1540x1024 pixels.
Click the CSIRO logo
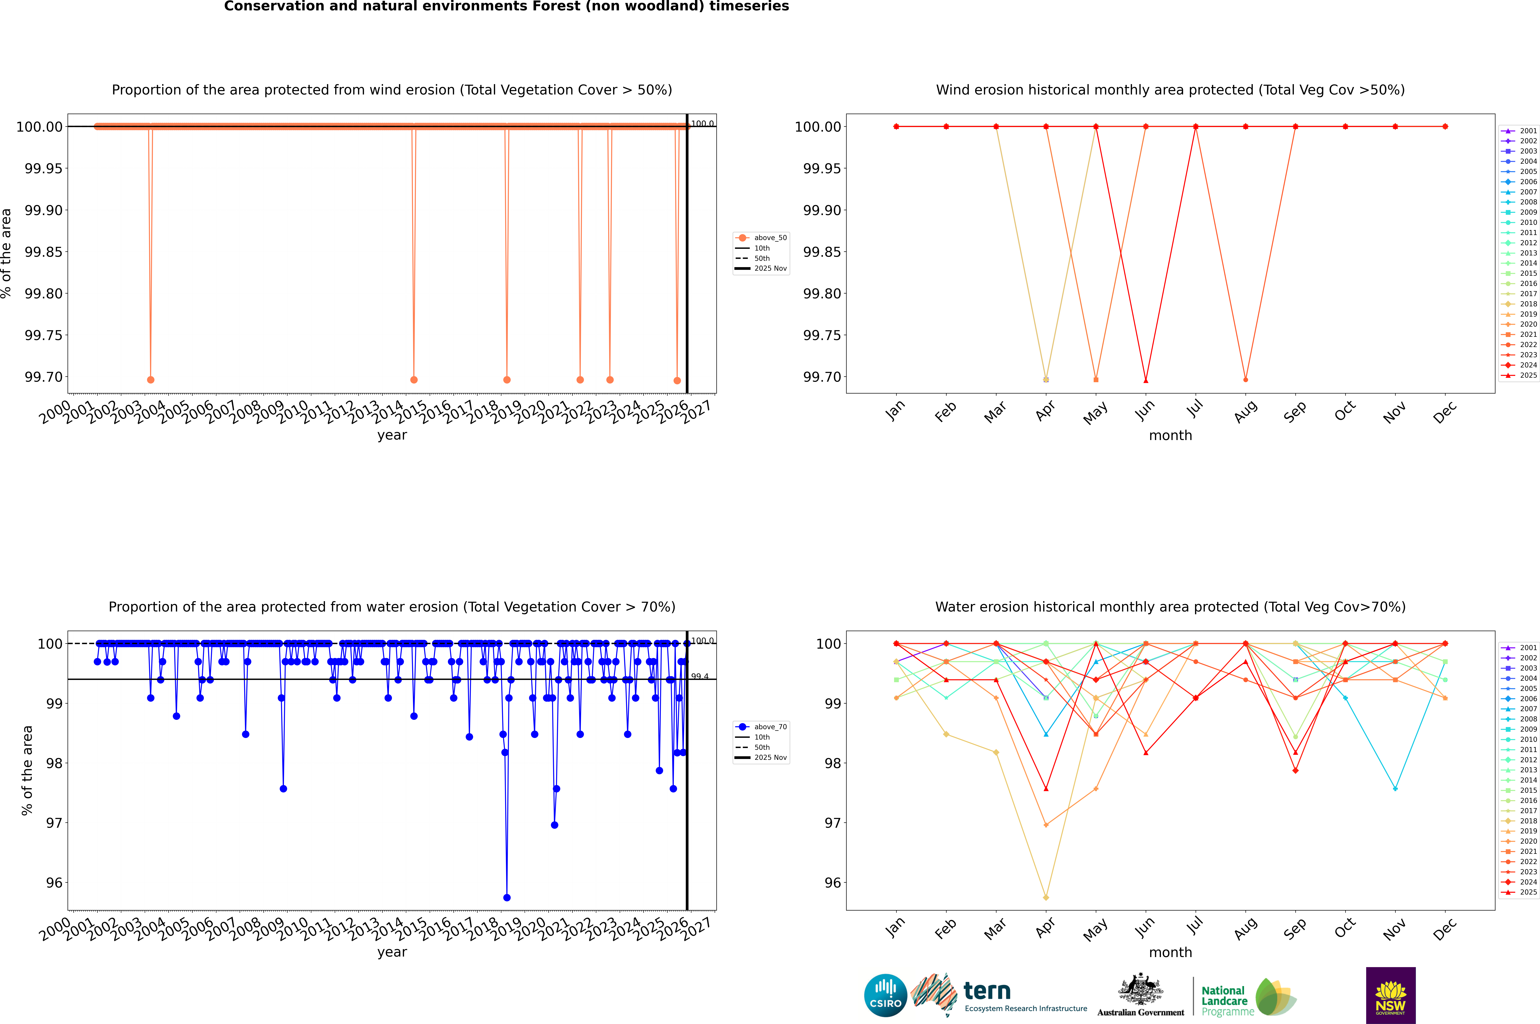pyautogui.click(x=885, y=995)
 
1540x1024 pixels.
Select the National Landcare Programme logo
pyautogui.click(x=1247, y=997)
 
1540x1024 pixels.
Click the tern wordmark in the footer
pyautogui.click(x=987, y=991)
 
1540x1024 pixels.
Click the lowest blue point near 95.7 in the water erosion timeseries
pyautogui.click(x=507, y=897)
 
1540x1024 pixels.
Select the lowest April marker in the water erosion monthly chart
pyautogui.click(x=1046, y=897)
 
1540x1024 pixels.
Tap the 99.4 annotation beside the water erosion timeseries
pyautogui.click(x=700, y=677)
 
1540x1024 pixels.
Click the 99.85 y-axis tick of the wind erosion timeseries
pyautogui.click(x=44, y=252)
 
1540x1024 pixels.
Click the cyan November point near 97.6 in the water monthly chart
pyautogui.click(x=1395, y=788)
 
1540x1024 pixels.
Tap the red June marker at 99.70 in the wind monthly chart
pyautogui.click(x=1146, y=380)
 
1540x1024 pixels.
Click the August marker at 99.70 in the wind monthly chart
pyautogui.click(x=1246, y=379)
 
